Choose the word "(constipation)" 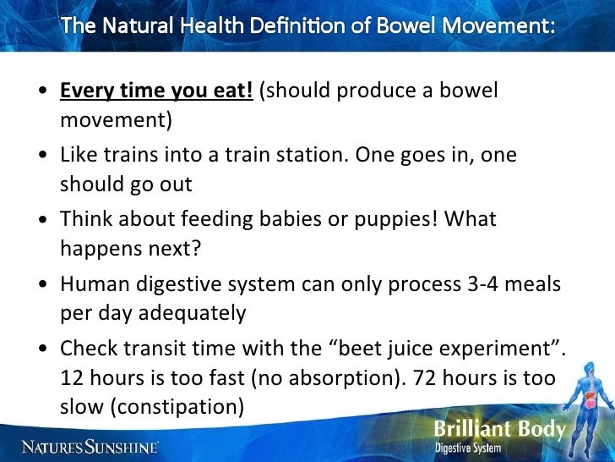(151, 405)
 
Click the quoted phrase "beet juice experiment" (438, 348)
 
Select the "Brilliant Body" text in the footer (499, 429)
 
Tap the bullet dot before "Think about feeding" (41, 220)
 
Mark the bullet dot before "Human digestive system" (41, 284)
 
